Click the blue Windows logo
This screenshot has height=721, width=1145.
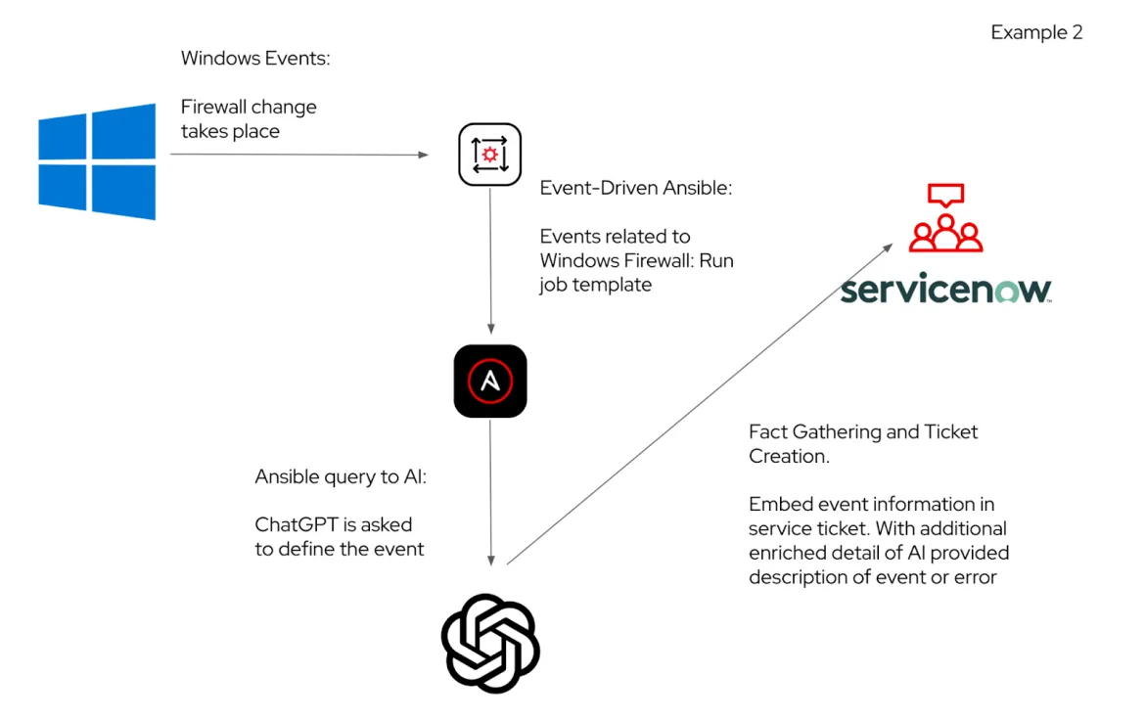pos(97,161)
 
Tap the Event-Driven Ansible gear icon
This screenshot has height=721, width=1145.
pos(489,155)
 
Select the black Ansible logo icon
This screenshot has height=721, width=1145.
pos(489,381)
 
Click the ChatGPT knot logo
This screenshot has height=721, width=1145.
pos(490,643)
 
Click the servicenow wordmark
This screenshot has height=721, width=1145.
pos(945,290)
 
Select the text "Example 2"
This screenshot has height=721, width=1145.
pos(1036,32)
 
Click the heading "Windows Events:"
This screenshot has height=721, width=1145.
pos(255,58)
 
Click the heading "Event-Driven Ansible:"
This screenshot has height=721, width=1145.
pos(635,188)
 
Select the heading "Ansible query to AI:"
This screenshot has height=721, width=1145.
pos(341,476)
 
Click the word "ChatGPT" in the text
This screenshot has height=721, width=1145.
pos(293,525)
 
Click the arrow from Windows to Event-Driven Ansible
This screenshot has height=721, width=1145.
pos(298,155)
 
